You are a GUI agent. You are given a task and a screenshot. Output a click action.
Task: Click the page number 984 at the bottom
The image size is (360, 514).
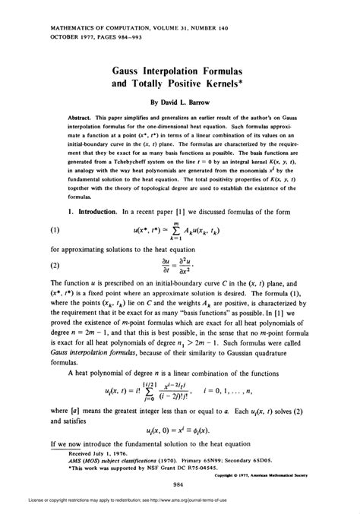point(181,484)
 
